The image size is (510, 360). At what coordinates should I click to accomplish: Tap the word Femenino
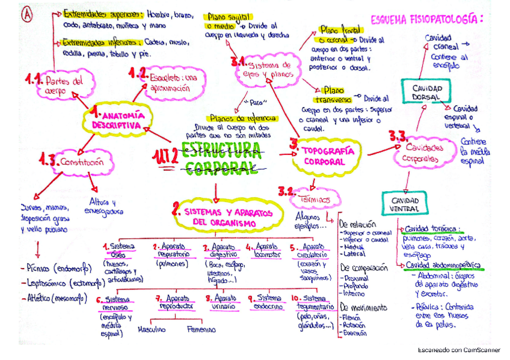click(x=201, y=329)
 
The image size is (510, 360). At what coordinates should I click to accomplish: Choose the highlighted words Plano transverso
click(x=332, y=94)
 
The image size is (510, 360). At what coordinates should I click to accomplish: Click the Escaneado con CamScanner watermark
click(x=459, y=350)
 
